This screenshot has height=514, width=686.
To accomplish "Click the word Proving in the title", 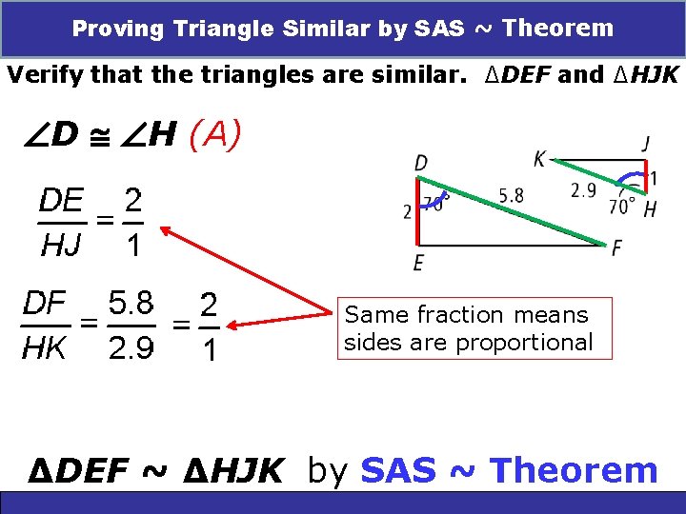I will tap(114, 29).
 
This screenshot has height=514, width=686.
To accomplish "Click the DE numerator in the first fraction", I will tap(60, 202).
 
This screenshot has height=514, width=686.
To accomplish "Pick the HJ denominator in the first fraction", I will tap(60, 246).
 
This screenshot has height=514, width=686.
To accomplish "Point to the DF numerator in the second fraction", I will tap(44, 305).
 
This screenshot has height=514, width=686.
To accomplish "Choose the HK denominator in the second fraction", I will tap(44, 348).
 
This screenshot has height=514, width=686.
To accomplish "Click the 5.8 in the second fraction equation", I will tap(131, 305).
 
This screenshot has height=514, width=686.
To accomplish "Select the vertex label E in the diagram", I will tap(419, 262).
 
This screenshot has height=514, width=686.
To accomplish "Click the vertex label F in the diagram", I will tap(617, 248).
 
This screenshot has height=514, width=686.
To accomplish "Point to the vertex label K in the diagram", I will tap(540, 160).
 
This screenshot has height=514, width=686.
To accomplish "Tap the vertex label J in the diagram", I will tap(647, 145).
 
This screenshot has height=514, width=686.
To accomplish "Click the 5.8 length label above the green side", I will tap(511, 196).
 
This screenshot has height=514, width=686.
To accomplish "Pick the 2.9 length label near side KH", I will tap(584, 190).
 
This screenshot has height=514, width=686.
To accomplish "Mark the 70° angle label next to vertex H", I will tap(622, 207).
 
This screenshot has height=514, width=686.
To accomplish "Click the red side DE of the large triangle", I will tap(418, 211).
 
